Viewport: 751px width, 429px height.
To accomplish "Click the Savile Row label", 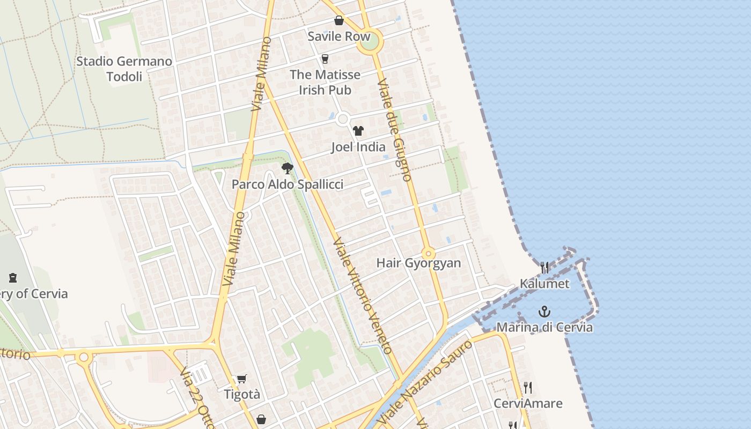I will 338,36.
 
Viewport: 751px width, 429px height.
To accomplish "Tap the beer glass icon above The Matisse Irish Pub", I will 325,58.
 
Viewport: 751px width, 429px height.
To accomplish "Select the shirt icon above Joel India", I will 358,130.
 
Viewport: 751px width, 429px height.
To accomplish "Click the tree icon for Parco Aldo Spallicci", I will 288,168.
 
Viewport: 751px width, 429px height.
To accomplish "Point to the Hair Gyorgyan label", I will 418,263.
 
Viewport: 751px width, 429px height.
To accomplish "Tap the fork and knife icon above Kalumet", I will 544,267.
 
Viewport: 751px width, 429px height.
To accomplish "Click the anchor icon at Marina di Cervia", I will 544,312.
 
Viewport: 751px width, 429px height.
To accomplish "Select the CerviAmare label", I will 528,403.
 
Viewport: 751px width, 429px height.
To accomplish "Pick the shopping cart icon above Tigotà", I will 242,379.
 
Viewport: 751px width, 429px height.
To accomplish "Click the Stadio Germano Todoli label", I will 124,69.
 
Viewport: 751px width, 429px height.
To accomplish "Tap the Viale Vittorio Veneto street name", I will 363,296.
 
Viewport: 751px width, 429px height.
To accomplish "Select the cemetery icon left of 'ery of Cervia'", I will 13,277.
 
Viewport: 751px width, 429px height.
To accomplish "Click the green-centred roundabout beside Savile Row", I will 370,41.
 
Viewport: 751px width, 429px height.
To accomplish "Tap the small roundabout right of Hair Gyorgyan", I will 428,253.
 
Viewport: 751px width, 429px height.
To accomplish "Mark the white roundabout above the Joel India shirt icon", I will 343,119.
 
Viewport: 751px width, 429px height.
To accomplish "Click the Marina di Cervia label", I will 544,327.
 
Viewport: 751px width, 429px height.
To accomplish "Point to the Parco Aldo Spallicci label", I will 288,184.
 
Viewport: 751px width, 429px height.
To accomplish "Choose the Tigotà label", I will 242,395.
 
